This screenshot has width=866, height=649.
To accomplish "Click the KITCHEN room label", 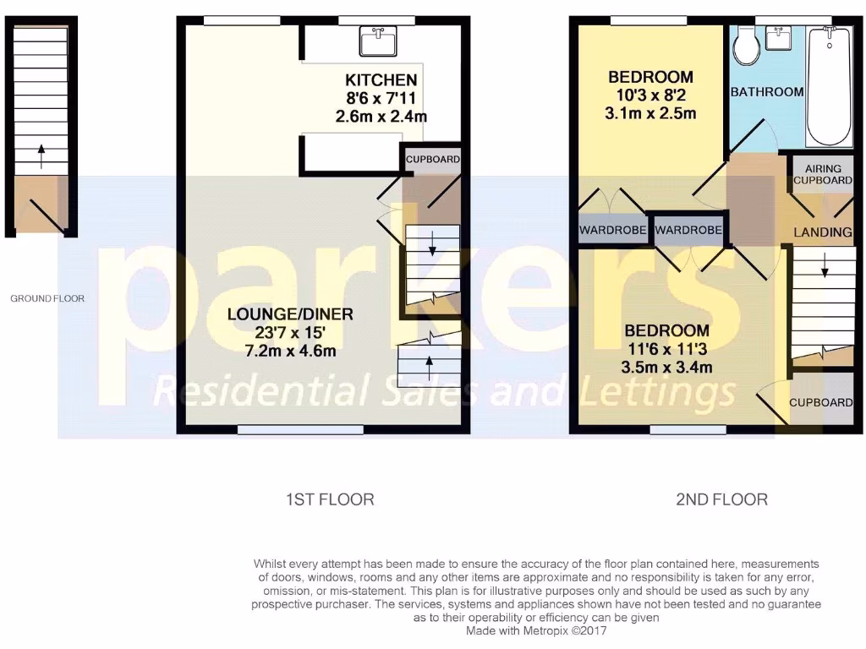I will (x=381, y=80).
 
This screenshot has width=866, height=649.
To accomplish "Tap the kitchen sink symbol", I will (x=378, y=41).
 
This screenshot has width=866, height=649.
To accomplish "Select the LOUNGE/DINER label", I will (x=290, y=314).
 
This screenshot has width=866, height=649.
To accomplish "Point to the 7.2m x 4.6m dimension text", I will (x=290, y=349).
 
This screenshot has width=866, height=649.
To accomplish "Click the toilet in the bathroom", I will (x=747, y=47).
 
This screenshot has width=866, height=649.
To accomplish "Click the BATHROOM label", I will (x=766, y=92).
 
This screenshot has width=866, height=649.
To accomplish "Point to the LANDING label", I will (x=822, y=232).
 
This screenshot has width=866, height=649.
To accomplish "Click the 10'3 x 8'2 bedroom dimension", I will (x=651, y=95).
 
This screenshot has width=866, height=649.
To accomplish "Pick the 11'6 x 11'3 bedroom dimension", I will (x=667, y=349).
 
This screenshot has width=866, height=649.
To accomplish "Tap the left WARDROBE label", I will (x=613, y=230).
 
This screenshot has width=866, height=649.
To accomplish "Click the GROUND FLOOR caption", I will (x=47, y=298).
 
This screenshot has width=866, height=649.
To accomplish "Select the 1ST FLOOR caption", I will (x=330, y=499).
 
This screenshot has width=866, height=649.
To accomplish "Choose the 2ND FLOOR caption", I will (x=721, y=499).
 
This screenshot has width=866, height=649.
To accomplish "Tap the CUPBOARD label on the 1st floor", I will (x=433, y=159).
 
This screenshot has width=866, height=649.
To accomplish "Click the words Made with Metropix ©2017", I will (x=536, y=630).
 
